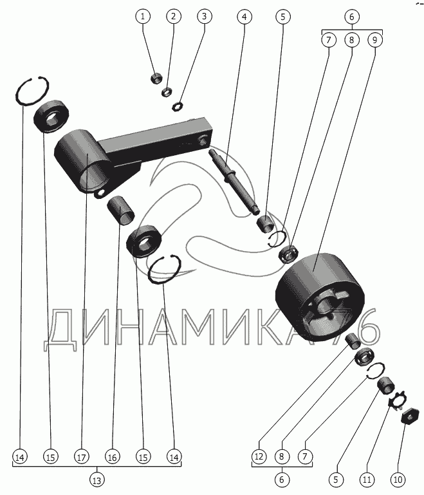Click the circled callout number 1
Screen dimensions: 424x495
pos(143,17)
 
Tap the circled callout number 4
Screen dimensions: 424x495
pos(244,17)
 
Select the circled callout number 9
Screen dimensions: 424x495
pos(374,40)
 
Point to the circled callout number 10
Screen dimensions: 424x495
pos(398,480)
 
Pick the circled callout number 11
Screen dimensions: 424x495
pos(367,480)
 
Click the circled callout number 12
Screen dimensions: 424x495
pos(259,456)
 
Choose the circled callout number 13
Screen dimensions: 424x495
pos(97,480)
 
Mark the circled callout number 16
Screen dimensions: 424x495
pos(113,457)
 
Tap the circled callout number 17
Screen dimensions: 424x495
pos(82,457)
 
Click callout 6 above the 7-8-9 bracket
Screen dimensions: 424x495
pos(352,17)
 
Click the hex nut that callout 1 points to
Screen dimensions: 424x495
pos(156,77)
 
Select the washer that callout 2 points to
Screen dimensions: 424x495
pos(167,92)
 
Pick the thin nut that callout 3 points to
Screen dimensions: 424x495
pos(178,106)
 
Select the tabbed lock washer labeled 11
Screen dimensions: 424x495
pos(398,400)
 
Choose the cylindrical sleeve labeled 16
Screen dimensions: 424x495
pos(120,210)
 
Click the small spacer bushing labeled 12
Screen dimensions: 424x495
pos(353,341)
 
